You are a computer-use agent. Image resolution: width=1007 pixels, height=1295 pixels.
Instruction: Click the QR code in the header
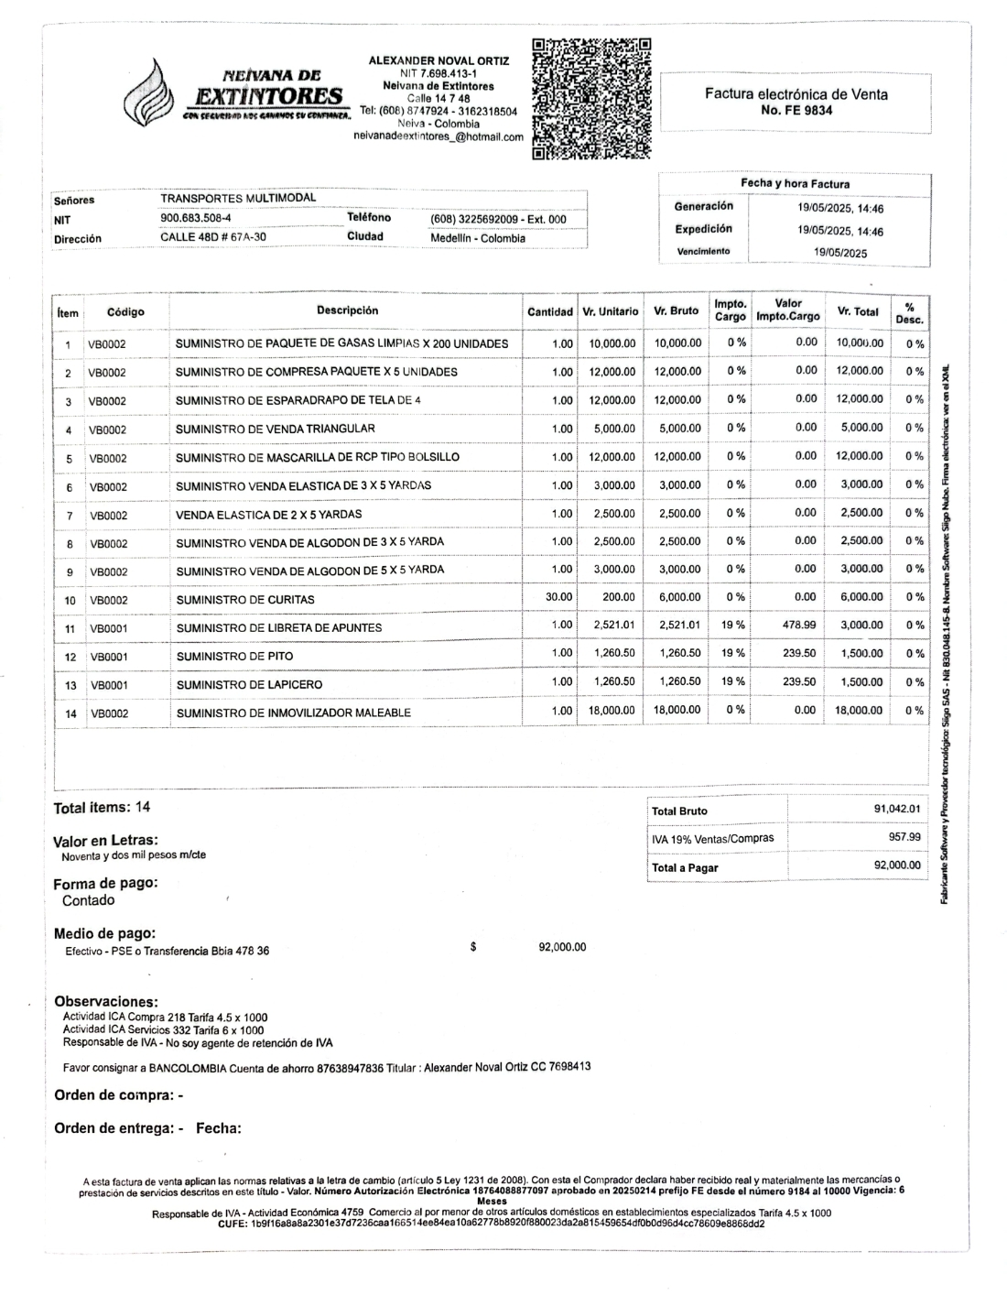[x=591, y=98]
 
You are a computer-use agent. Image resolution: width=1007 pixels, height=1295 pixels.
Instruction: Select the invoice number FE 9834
[x=796, y=110]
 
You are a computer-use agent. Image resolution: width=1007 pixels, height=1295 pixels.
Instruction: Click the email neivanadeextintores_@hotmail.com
[x=439, y=137]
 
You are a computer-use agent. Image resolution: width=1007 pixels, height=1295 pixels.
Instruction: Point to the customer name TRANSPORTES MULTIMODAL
[x=238, y=198]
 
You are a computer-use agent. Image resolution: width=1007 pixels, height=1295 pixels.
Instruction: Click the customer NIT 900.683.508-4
[x=196, y=219]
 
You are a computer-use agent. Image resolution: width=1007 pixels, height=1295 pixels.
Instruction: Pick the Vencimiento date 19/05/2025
[x=839, y=252]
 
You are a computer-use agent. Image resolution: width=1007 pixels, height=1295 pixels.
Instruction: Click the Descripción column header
[x=347, y=310]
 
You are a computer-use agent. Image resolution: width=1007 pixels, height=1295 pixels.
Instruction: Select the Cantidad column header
[x=550, y=312]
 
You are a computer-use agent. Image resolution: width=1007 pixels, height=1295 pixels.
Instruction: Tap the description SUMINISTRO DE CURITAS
[x=245, y=600]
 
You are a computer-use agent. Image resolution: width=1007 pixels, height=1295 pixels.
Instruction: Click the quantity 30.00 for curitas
[x=558, y=597]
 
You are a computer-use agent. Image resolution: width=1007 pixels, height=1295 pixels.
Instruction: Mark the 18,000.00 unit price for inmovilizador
[x=611, y=711]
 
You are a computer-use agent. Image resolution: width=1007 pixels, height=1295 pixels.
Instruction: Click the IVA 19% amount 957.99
[x=904, y=837]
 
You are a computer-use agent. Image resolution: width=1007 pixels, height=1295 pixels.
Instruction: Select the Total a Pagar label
[x=685, y=867]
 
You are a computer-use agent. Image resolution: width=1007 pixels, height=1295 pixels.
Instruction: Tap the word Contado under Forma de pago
[x=88, y=900]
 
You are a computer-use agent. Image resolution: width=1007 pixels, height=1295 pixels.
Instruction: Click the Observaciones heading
[x=106, y=1002]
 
